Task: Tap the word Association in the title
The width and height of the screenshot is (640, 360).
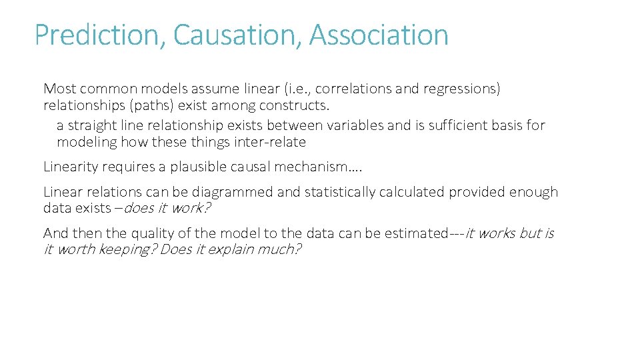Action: (x=379, y=35)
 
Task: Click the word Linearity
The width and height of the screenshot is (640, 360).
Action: (x=70, y=167)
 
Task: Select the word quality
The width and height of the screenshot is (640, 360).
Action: (x=125, y=233)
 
